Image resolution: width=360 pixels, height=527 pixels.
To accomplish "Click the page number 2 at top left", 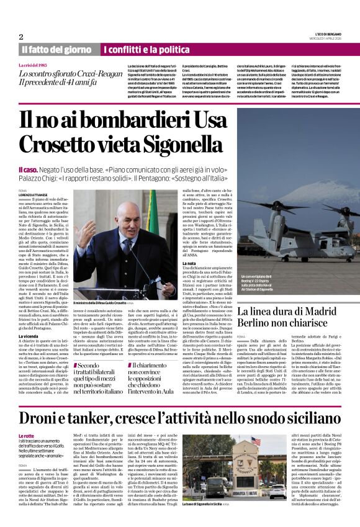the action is (x=21, y=37).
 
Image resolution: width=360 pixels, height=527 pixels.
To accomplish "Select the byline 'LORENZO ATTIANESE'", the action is (x=34, y=195).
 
